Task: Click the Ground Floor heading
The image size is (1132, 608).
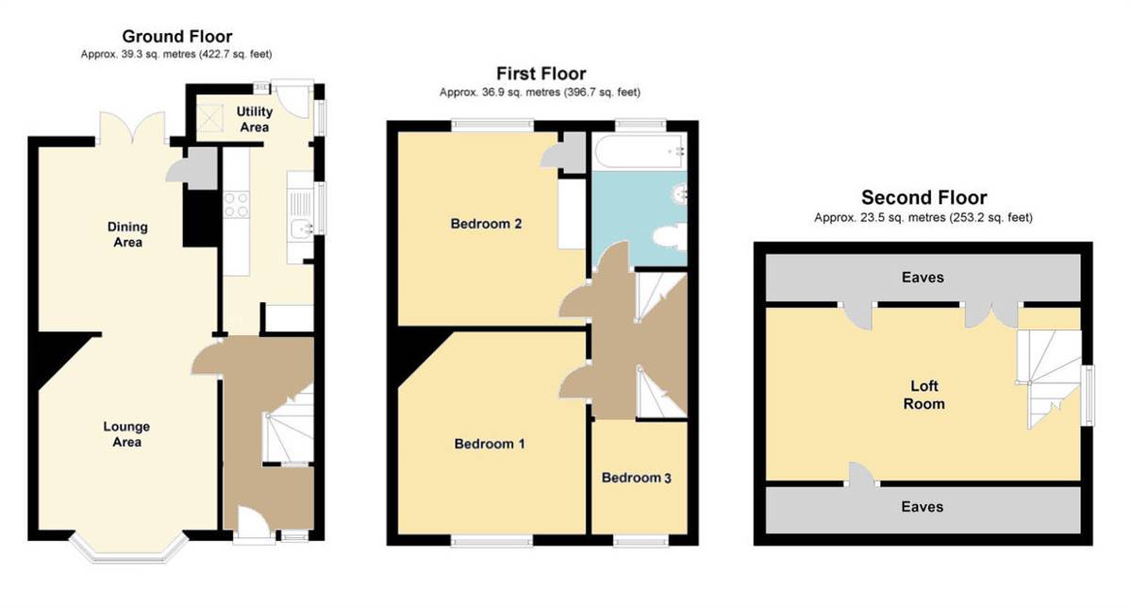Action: [177, 37]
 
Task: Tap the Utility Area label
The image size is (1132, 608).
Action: [254, 119]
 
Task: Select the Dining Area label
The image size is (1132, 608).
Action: [127, 234]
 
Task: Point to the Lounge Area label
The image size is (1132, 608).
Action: [126, 434]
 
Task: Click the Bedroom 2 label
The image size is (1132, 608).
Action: [486, 224]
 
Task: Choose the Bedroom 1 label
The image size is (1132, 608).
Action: [490, 444]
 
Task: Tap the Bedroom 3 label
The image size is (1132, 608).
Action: [636, 478]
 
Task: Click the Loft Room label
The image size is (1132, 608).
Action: [924, 395]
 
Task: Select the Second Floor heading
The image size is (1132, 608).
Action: [924, 197]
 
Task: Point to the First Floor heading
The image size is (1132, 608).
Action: [541, 74]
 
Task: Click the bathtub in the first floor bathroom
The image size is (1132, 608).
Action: [640, 151]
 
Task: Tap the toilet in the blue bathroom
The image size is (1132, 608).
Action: [669, 237]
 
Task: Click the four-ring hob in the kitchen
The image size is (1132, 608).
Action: [236, 204]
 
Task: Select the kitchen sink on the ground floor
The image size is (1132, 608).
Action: [301, 228]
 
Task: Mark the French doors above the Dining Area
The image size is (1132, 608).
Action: [132, 127]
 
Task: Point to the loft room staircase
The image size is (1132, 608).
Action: [1049, 380]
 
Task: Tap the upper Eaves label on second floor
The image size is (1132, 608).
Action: [923, 278]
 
